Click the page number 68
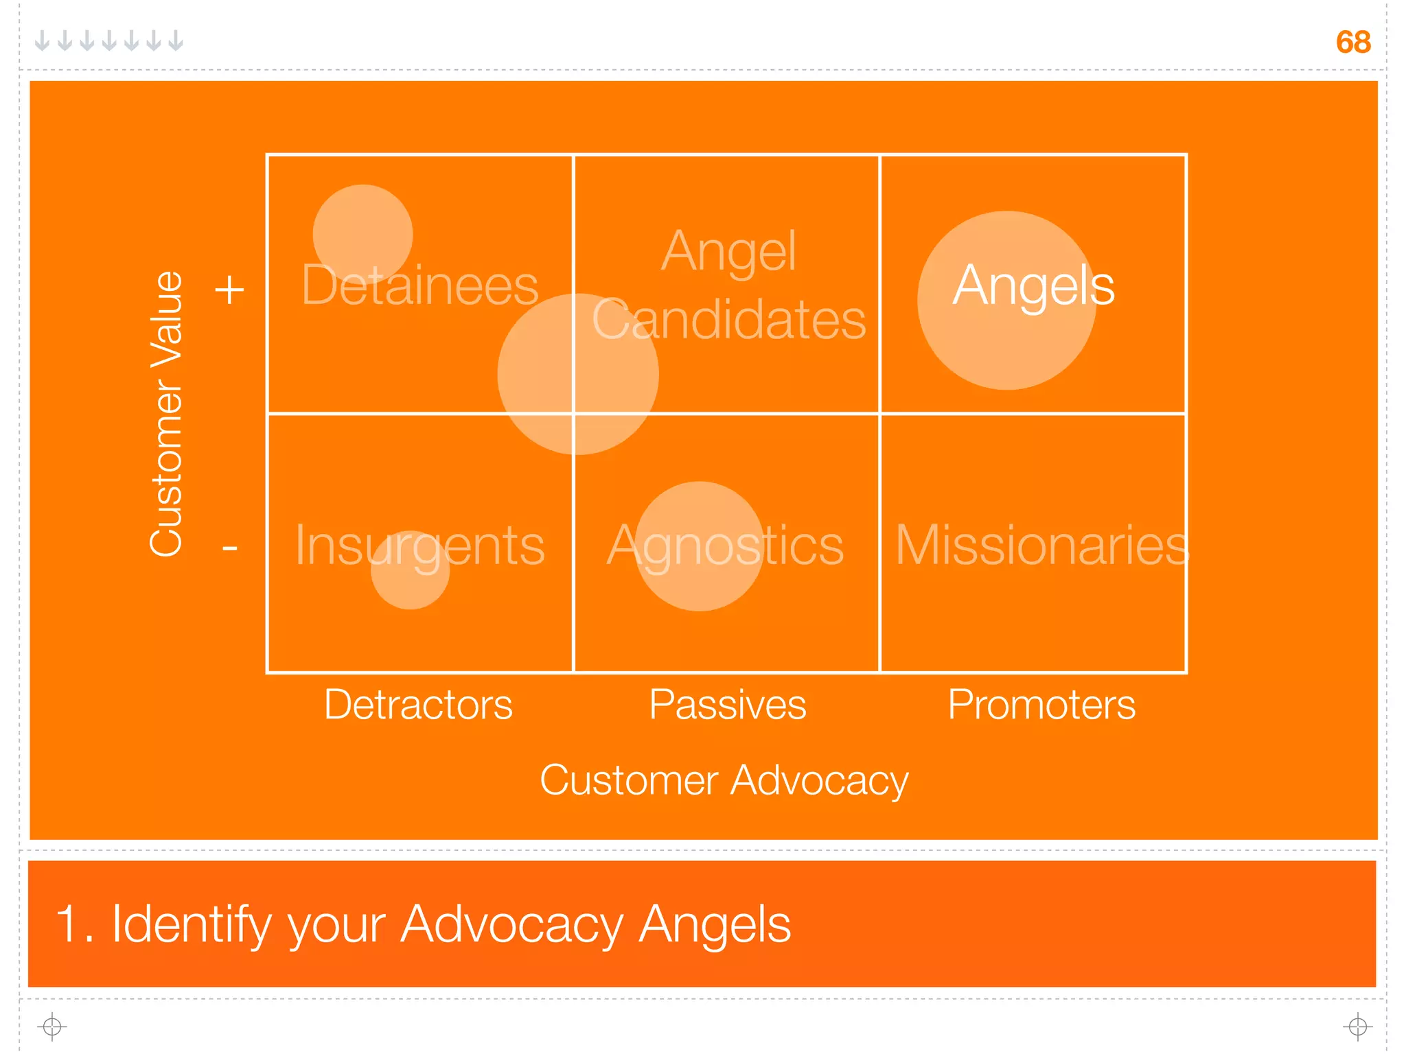click(x=1352, y=43)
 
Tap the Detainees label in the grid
click(x=419, y=285)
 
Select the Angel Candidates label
click(x=728, y=285)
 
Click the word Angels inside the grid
click(x=1033, y=285)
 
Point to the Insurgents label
click(x=419, y=546)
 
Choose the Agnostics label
click(x=725, y=546)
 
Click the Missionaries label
click(x=1041, y=546)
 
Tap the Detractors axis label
click(x=418, y=705)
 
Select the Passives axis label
click(x=728, y=705)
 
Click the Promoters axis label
click(x=1041, y=705)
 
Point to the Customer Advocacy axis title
click(x=724, y=781)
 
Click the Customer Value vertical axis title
click(x=166, y=414)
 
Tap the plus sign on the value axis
click(x=229, y=290)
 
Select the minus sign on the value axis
click(x=229, y=548)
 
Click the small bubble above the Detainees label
click(x=362, y=226)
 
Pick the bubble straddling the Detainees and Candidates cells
click(x=578, y=374)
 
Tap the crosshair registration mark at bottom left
click(x=52, y=1027)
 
